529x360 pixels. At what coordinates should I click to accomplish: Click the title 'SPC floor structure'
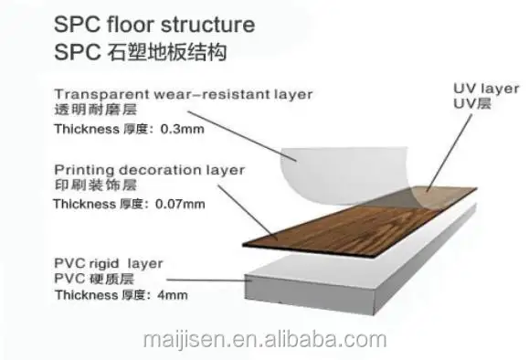pyautogui.click(x=153, y=23)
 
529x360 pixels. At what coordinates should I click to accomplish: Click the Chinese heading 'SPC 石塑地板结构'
pyautogui.click(x=141, y=51)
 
